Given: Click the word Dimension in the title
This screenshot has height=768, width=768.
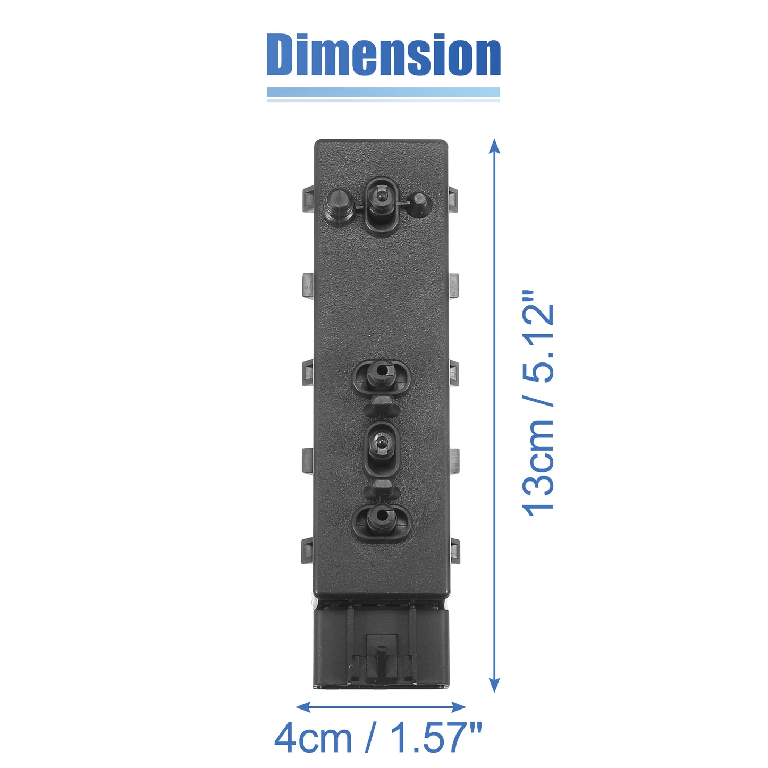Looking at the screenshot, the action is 383,55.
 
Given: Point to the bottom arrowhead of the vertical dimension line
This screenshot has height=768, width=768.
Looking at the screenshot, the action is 494,685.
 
